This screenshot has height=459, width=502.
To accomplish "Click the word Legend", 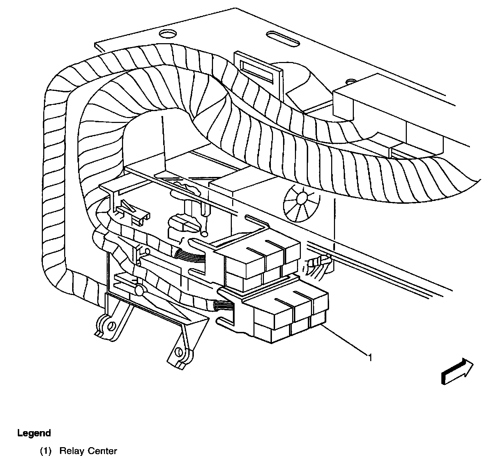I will coord(34,433).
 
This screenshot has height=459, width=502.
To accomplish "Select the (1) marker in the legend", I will coord(46,451).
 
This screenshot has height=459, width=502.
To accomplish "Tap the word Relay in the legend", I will coord(72,451).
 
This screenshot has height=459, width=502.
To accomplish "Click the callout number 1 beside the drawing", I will coord(370,357).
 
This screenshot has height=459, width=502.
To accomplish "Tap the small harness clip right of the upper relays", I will coord(317,265).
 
